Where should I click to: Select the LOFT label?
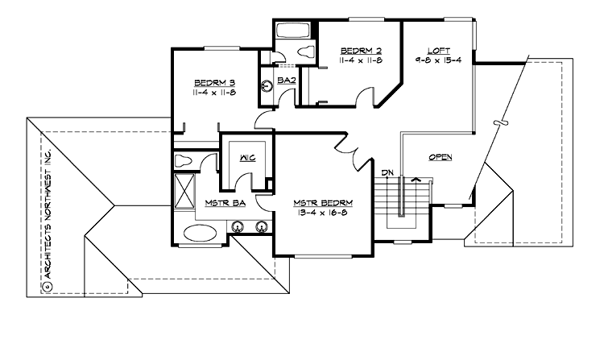pyautogui.click(x=437, y=48)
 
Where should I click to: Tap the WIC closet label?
pyautogui.click(x=246, y=158)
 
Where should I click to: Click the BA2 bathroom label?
pyautogui.click(x=286, y=81)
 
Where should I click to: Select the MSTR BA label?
pyautogui.click(x=225, y=204)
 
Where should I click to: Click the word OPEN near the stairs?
pyautogui.click(x=440, y=157)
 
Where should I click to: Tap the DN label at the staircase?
pyautogui.click(x=387, y=172)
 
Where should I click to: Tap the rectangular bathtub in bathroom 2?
pyautogui.click(x=288, y=33)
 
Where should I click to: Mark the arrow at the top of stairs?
pyautogui.click(x=416, y=180)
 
